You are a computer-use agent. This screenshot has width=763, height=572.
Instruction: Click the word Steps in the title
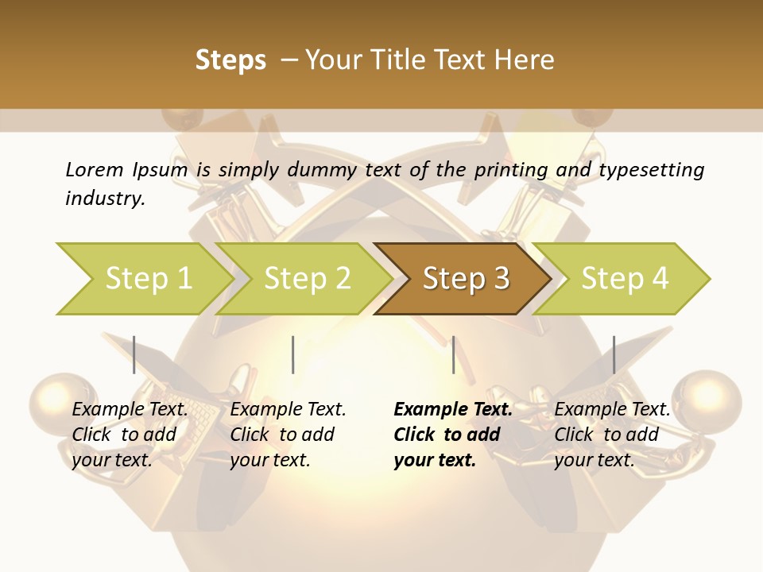(230, 60)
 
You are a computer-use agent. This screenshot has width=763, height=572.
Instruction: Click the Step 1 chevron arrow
(143, 278)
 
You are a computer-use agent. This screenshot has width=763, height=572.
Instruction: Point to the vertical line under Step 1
(134, 354)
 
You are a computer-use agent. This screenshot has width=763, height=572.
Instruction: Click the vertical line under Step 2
(293, 354)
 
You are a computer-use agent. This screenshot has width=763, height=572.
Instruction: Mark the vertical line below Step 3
(453, 354)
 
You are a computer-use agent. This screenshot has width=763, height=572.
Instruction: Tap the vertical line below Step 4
(614, 354)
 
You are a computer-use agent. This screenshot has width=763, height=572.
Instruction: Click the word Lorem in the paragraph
(95, 169)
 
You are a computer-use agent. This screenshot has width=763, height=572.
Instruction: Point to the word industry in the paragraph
(105, 198)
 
